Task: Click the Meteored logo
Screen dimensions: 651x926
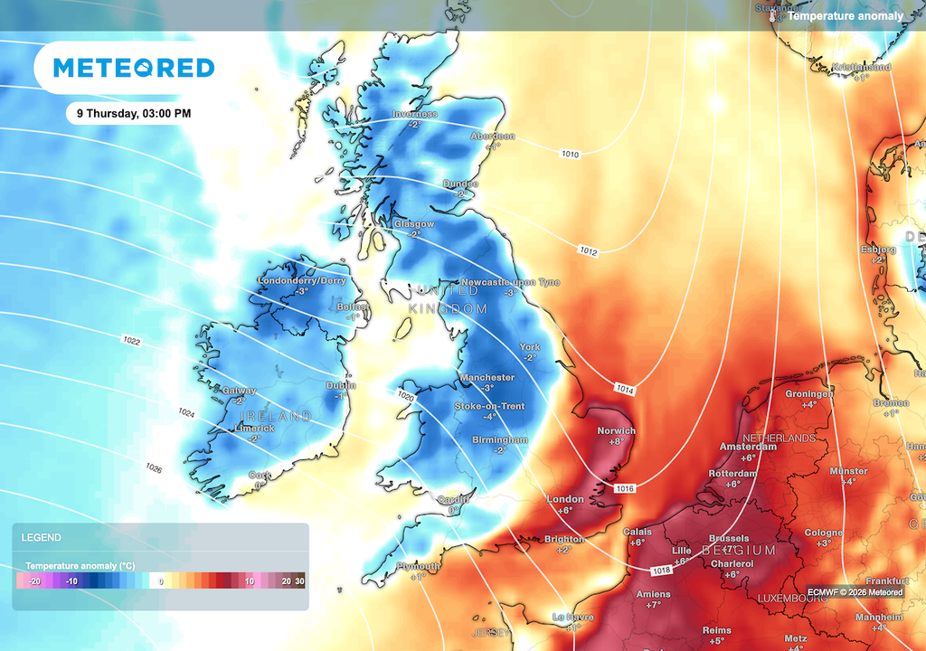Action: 134,68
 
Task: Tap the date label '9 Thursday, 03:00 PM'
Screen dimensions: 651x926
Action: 134,114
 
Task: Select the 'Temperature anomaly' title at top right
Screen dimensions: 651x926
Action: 845,15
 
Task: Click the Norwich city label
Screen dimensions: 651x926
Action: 617,430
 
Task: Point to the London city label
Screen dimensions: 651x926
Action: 565,499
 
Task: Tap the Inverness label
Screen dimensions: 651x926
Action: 415,114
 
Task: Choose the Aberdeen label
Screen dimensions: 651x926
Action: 493,136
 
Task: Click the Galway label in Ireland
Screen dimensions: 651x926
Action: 240,391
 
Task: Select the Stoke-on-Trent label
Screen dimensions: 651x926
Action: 489,406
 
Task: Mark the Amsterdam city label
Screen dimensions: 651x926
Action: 748,447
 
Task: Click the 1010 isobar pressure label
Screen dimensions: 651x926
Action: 570,155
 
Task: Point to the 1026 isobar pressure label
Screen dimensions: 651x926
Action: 154,467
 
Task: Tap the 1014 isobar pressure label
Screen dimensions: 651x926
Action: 625,390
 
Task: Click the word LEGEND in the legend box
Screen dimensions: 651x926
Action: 42,537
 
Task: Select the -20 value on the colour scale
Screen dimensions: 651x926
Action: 34,581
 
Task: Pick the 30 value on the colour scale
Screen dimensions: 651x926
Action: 299,581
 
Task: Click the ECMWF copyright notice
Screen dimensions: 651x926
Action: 855,592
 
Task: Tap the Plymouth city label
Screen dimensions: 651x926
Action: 418,566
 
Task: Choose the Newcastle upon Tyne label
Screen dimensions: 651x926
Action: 510,282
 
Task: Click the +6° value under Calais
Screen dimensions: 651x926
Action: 638,542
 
